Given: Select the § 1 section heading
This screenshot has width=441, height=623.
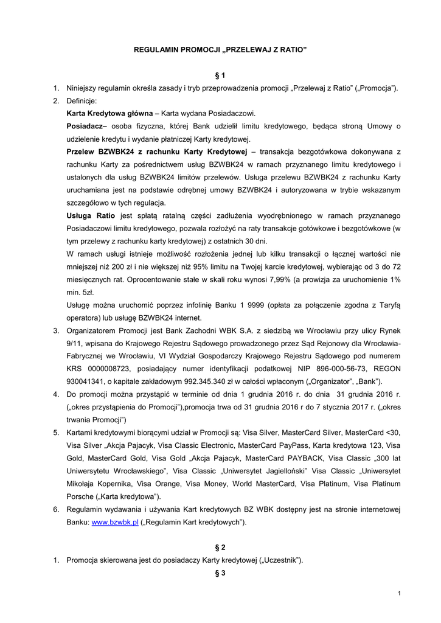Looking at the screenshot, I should point(220,75).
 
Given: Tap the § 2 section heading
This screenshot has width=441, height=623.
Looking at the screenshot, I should point(220,547).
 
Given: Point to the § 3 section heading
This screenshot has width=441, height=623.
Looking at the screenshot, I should point(220,573).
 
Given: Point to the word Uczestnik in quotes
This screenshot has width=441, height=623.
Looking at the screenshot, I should point(281,560).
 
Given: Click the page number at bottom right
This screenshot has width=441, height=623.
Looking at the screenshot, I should point(398,593).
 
